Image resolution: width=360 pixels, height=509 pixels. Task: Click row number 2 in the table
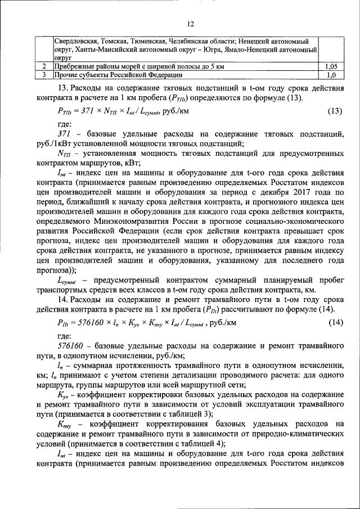(43, 66)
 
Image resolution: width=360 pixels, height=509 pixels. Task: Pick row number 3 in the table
(43, 74)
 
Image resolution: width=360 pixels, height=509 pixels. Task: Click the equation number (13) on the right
(335, 111)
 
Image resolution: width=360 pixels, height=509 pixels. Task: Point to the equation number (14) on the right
(335, 322)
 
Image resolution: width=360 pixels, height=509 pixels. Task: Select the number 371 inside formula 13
(91, 111)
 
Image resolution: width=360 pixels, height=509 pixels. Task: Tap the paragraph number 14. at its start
(64, 298)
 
